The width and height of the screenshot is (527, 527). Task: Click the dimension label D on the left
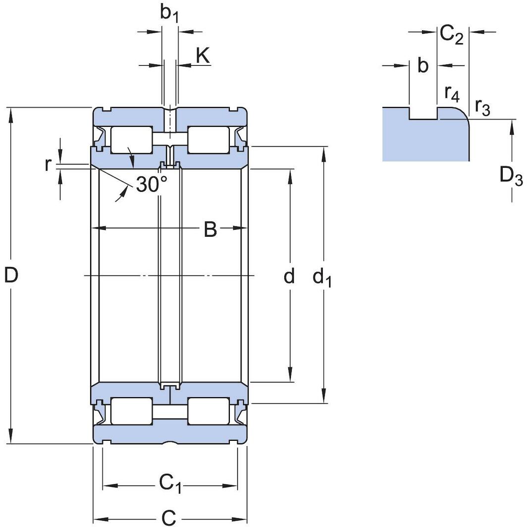tap(11, 275)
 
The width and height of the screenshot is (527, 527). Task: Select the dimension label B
tap(211, 229)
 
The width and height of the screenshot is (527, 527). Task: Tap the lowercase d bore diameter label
tap(289, 276)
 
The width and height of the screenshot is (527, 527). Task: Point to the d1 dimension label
tap(322, 278)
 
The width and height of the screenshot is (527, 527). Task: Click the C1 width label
tap(169, 483)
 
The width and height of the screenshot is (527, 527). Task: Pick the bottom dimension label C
tap(169, 518)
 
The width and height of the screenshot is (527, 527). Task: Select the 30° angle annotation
tap(152, 185)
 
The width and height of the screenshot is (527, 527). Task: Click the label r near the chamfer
tap(48, 165)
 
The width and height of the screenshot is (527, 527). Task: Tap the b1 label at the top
tap(169, 14)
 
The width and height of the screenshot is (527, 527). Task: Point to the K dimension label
tap(203, 56)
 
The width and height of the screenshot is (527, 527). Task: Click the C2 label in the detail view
tap(452, 35)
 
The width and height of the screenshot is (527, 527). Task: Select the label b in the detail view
tap(422, 65)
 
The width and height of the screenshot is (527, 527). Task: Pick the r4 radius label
tap(451, 92)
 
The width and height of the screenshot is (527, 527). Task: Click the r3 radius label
tap(482, 106)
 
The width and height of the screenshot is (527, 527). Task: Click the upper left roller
tap(131, 140)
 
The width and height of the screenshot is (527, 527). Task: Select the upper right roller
tap(209, 140)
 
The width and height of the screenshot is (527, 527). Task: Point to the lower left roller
tap(131, 411)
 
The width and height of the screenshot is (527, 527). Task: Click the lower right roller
tap(209, 411)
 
